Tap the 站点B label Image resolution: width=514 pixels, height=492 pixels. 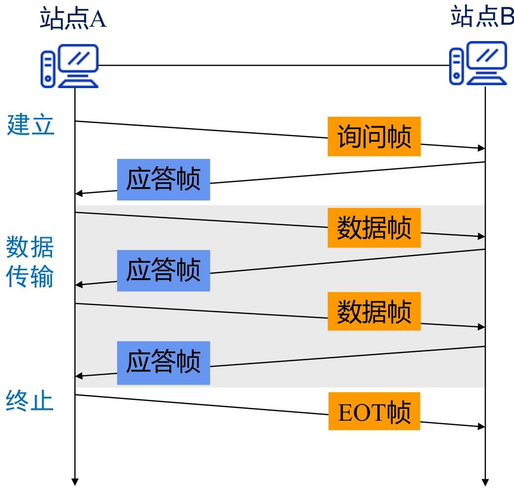coord(482,16)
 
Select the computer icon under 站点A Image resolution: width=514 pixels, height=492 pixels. coord(69,66)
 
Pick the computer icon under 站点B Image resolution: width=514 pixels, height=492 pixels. coord(478,63)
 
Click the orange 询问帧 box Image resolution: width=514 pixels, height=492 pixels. coord(374,136)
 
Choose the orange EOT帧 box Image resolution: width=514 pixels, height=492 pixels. coord(374,411)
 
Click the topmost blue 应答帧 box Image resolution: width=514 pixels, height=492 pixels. coord(163,180)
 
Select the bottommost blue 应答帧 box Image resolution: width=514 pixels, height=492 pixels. coord(163,363)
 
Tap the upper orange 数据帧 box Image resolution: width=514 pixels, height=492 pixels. coord(374,228)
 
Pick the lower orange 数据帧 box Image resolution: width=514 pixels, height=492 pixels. coord(374,311)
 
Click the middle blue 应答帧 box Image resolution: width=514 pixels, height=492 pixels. coord(163,271)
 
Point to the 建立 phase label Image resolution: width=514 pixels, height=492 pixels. coord(30,125)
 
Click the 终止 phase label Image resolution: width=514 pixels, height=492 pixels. coord(30,400)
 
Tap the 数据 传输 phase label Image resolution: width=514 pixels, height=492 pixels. coord(30,261)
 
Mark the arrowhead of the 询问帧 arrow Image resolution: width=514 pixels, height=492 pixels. coord(481,148)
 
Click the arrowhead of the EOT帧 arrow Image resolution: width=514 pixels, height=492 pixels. coord(481,427)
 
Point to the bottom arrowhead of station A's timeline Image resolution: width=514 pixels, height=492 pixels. coord(75,482)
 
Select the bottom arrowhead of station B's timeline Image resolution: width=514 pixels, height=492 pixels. coord(485,483)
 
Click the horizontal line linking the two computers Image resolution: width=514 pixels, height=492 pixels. coord(274,65)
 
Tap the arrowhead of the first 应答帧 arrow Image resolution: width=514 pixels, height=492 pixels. coord(79,194)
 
